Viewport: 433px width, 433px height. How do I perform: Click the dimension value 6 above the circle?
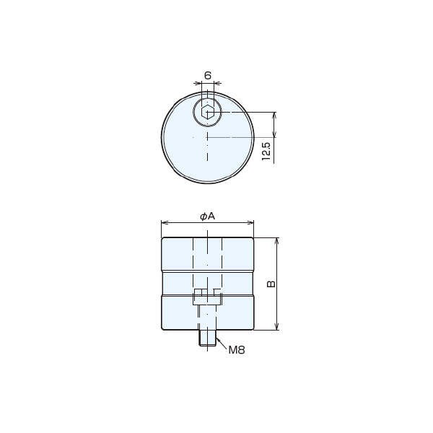pyautogui.click(x=208, y=75)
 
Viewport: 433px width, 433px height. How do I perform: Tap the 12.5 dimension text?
pyautogui.click(x=266, y=152)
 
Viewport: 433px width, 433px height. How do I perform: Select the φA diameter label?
pyautogui.click(x=207, y=216)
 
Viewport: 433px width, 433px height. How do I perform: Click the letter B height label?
pyautogui.click(x=271, y=284)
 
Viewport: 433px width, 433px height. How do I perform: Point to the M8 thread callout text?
pyautogui.click(x=237, y=350)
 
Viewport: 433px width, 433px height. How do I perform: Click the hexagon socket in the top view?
pyautogui.click(x=208, y=113)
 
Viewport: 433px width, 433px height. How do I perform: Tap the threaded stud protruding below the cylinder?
pyautogui.click(x=208, y=338)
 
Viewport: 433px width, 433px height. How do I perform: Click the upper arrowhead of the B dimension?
pyautogui.click(x=278, y=240)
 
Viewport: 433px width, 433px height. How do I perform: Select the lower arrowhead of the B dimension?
pyautogui.click(x=278, y=327)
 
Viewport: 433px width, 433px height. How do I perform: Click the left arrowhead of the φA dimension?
pyautogui.click(x=165, y=222)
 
